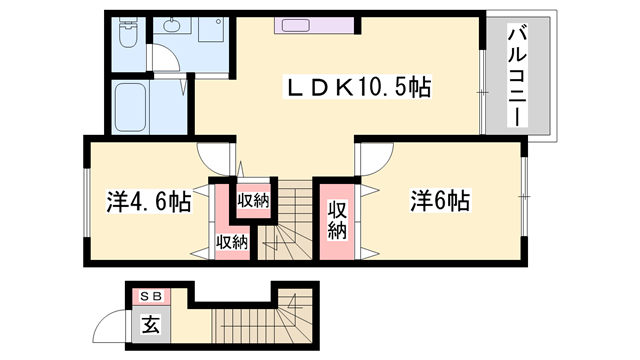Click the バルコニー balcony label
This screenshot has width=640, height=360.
(x=518, y=74)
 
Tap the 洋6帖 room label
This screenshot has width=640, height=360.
(x=439, y=202)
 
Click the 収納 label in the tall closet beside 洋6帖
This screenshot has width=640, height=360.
(x=337, y=220)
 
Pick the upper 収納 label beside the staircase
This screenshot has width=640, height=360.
(x=253, y=200)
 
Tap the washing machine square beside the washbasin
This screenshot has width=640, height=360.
(x=212, y=31)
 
